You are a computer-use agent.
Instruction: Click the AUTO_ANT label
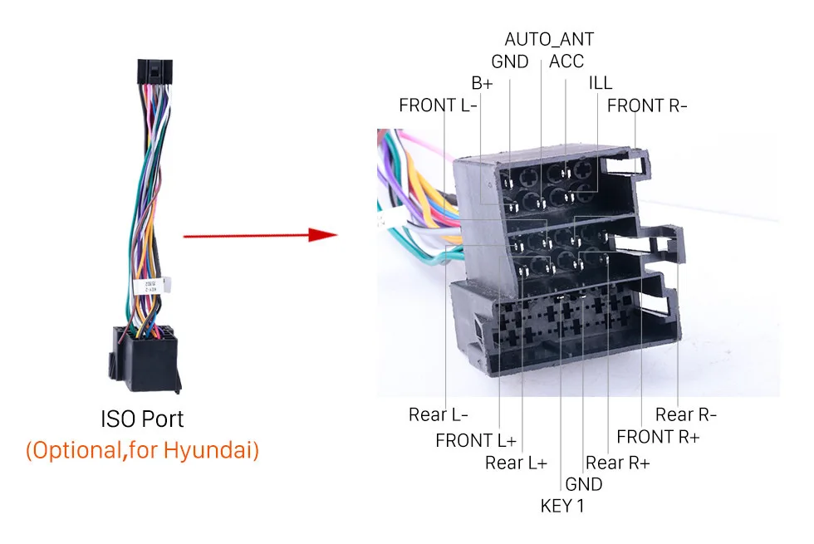pyautogui.click(x=549, y=40)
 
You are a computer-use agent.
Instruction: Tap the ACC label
pyautogui.click(x=566, y=61)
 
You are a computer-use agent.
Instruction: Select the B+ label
pyautogui.click(x=482, y=83)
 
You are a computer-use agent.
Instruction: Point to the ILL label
pyautogui.click(x=600, y=83)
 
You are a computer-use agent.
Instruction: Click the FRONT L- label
pyautogui.click(x=438, y=105)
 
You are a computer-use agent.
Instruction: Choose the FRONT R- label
pyautogui.click(x=647, y=106)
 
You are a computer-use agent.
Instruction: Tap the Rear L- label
pyautogui.click(x=439, y=414)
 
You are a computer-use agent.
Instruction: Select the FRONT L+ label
pyautogui.click(x=476, y=441)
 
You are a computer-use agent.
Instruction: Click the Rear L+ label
pyautogui.click(x=516, y=463)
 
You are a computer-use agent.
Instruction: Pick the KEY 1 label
pyautogui.click(x=562, y=506)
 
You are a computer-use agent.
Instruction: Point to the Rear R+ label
pyautogui.click(x=618, y=463)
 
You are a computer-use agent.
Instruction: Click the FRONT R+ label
pyautogui.click(x=658, y=437)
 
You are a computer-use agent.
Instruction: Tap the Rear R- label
pyautogui.click(x=686, y=414)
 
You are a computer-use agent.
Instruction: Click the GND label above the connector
pyautogui.click(x=510, y=61)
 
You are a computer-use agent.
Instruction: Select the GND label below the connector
pyautogui.click(x=583, y=484)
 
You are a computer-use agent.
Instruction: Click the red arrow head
pyautogui.click(x=323, y=234)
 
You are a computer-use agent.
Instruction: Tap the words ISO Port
pyautogui.click(x=142, y=419)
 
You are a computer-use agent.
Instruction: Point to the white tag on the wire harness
pyautogui.click(x=151, y=286)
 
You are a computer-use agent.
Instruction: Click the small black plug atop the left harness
pyautogui.click(x=154, y=71)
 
